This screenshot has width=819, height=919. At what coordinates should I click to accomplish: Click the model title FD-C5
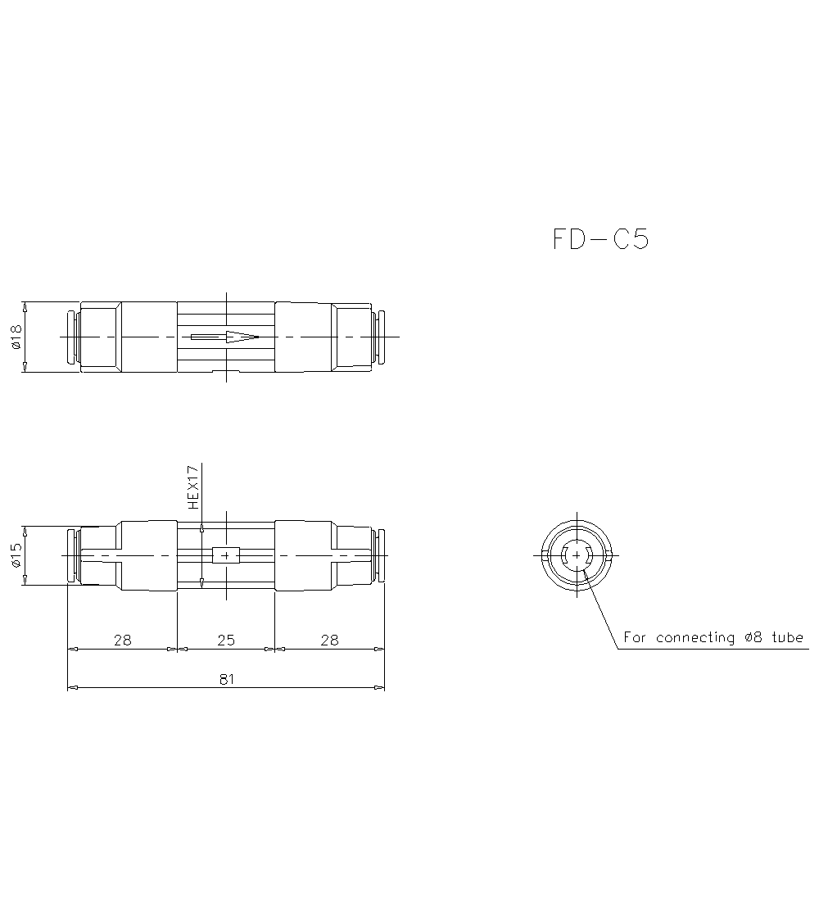point(600,239)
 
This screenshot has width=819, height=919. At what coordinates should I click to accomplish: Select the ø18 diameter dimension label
point(16,337)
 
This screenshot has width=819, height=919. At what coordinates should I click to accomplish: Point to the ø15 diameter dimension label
point(16,555)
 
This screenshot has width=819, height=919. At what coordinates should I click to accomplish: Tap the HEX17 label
point(193,488)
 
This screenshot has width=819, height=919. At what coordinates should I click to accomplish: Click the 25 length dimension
point(226,640)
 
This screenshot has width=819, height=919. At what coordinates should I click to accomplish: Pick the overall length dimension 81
point(226,679)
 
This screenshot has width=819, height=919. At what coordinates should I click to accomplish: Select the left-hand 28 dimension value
point(122,640)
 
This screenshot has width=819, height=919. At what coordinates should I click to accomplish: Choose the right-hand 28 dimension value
point(329,640)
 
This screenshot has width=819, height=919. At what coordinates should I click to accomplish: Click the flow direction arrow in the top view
point(225,337)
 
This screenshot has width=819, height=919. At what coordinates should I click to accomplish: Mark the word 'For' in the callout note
point(636,637)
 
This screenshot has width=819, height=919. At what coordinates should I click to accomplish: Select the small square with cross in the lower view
point(225,555)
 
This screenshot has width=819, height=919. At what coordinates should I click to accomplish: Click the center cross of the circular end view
point(577,555)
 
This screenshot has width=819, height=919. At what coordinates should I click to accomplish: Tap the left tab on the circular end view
point(545,555)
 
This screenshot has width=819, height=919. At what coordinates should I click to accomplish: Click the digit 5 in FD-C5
point(639,239)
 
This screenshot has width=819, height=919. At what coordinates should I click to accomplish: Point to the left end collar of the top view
point(71,337)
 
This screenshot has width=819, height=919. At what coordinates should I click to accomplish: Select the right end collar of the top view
point(380,337)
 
